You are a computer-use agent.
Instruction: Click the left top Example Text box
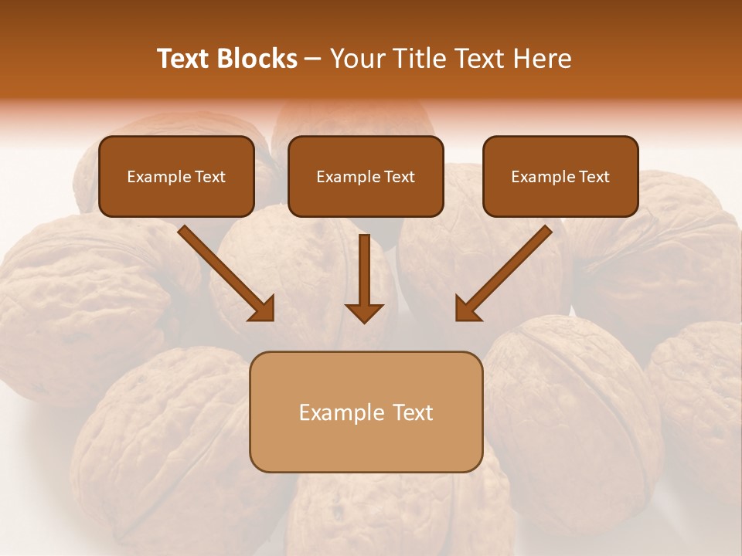click(x=176, y=176)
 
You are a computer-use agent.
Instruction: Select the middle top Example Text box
click(x=366, y=176)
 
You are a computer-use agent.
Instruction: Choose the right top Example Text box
click(x=560, y=176)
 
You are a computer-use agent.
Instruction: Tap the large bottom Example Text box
click(x=366, y=412)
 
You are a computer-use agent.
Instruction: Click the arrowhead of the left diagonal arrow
click(x=263, y=309)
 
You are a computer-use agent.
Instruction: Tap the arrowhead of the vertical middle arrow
click(x=364, y=312)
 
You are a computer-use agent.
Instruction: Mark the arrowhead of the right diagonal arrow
click(x=467, y=309)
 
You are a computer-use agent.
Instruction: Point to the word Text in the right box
click(x=594, y=177)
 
